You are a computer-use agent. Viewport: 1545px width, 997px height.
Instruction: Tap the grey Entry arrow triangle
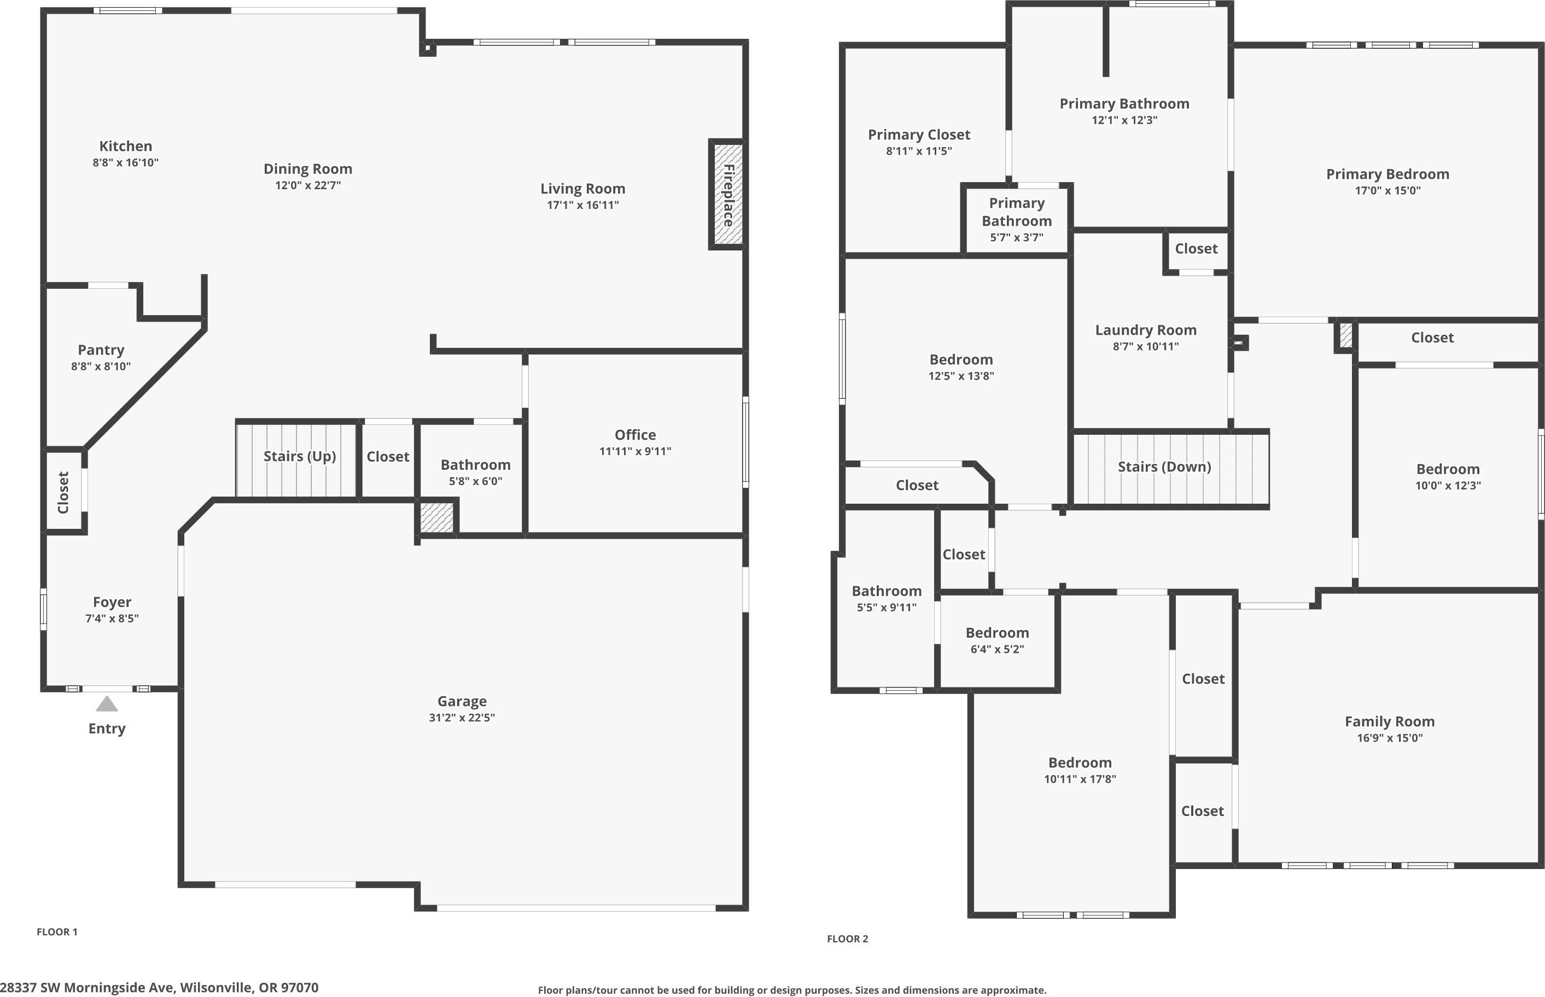(107, 704)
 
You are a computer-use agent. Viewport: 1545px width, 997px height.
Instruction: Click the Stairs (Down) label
(1164, 466)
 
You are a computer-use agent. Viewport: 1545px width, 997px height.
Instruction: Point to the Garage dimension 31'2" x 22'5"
(462, 718)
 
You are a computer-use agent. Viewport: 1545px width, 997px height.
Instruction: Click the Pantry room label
(101, 349)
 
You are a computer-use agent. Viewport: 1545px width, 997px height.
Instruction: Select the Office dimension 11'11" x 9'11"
(635, 451)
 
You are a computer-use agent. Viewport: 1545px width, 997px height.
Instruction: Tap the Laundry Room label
(1145, 330)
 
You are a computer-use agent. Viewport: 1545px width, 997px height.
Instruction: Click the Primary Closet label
(918, 135)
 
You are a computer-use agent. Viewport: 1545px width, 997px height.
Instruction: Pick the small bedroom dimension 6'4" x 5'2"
(997, 649)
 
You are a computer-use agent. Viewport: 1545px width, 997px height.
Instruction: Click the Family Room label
(1389, 721)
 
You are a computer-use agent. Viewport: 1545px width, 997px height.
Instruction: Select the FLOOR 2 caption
(847, 938)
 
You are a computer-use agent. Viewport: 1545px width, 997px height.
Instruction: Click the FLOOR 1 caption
(57, 931)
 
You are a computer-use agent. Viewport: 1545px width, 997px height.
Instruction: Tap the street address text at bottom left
(159, 987)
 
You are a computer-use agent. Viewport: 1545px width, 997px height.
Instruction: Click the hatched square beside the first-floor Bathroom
(437, 517)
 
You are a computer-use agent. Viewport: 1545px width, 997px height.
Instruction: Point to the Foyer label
(112, 602)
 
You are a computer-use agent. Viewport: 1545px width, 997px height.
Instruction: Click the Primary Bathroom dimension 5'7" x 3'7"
(1016, 237)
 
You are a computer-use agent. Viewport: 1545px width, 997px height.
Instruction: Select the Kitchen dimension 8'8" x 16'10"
(126, 162)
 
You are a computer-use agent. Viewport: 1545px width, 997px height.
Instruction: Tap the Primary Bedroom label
(1387, 173)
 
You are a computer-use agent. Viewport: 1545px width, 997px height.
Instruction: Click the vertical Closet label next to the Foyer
(63, 492)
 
